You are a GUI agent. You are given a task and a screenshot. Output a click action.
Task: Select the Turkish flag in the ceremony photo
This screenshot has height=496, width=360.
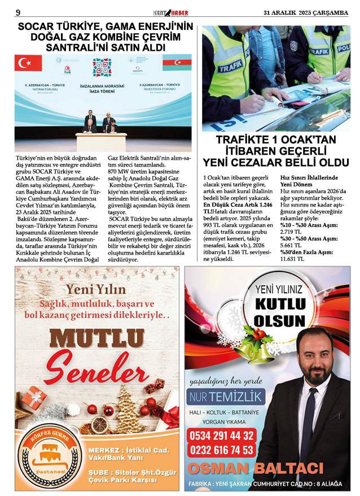pos(28,63)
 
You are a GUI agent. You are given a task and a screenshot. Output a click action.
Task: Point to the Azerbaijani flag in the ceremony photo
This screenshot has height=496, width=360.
pos(177,62)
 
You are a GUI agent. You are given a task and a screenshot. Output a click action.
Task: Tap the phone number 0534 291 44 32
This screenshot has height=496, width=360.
pos(222,435)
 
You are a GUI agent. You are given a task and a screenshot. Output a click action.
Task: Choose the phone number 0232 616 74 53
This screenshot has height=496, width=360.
pos(222,450)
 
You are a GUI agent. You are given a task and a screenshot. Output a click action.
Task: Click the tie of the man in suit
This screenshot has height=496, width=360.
pos(309,417)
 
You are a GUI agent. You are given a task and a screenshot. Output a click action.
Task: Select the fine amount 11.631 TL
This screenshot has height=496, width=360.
pos(292,259)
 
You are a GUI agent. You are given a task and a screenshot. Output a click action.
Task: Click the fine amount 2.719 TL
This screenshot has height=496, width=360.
pos(290,232)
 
